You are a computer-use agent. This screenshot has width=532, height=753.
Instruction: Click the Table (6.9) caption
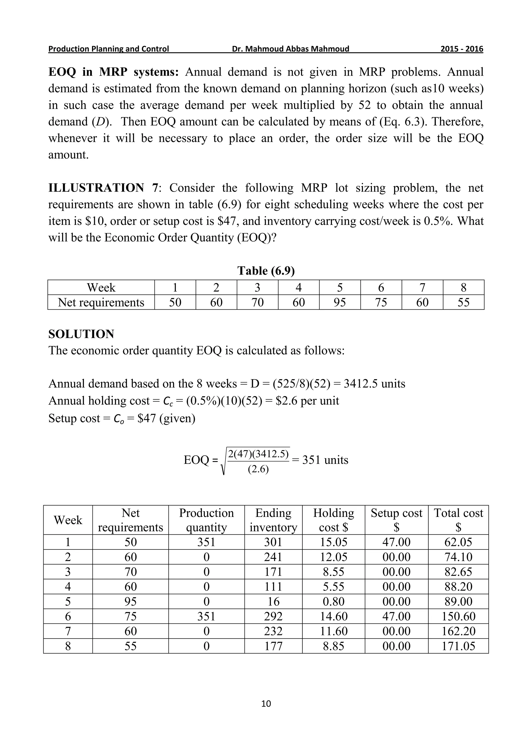pos(266,271)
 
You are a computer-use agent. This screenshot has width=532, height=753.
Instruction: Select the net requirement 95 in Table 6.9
pos(340,302)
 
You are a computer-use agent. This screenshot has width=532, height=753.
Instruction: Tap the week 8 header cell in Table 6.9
pos(463,288)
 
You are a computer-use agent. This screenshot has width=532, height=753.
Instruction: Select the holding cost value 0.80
pos(334,601)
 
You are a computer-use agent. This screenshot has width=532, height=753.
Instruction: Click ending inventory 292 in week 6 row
pos(273,616)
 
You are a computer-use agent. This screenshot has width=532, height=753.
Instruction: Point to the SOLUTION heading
pos(81,334)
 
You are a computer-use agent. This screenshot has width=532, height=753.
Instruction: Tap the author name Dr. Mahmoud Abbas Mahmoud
pos(291,49)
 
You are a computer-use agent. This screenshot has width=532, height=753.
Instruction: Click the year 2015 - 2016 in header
pos(462,49)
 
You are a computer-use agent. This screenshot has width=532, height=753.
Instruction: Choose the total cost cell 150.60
pos(458,616)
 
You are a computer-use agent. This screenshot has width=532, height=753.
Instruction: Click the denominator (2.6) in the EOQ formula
pos(258,469)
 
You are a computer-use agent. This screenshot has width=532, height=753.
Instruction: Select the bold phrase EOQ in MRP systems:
pos(113,72)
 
